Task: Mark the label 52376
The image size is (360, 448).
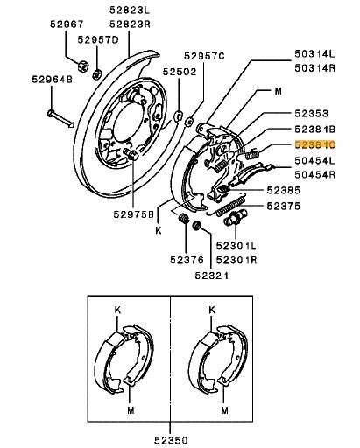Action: tap(185, 259)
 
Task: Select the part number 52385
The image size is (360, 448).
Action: tap(285, 189)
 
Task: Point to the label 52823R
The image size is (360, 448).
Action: tap(131, 25)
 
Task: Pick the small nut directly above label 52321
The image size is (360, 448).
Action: tap(196, 227)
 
